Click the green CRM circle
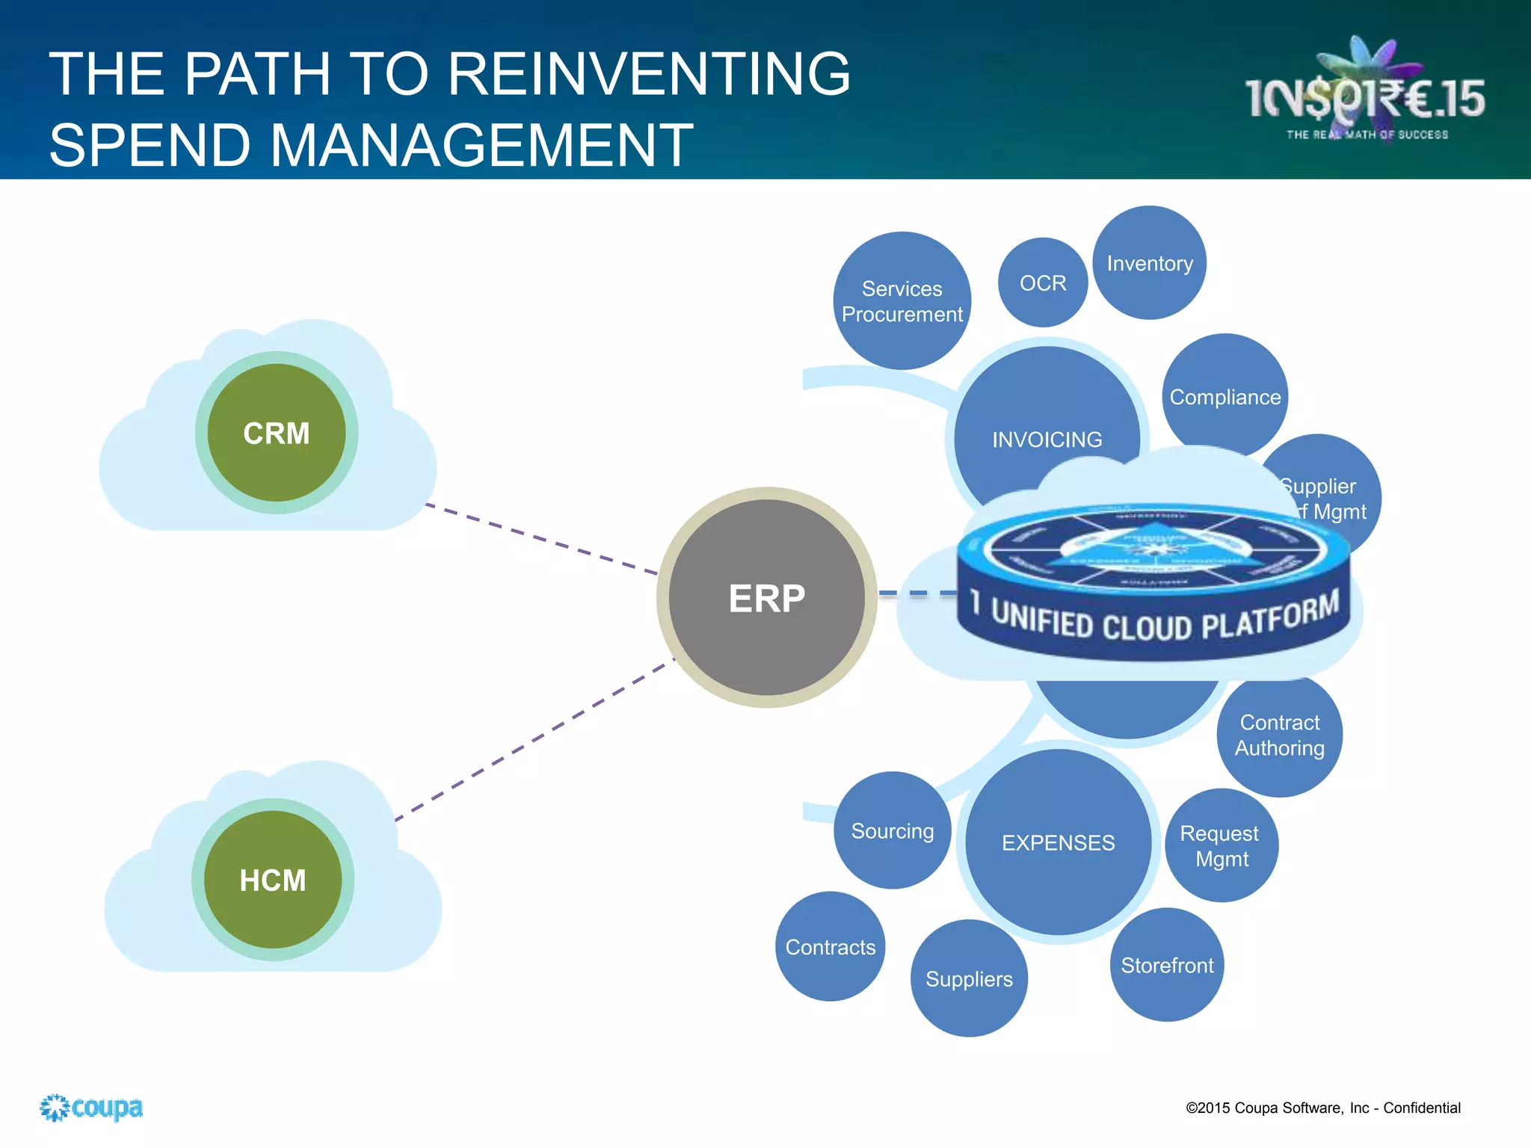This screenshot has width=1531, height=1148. pyautogui.click(x=276, y=433)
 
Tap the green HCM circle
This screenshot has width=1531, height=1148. pyautogui.click(x=272, y=880)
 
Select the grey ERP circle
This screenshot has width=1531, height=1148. pyautogui.click(x=766, y=598)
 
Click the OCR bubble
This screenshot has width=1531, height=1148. pyautogui.click(x=1043, y=283)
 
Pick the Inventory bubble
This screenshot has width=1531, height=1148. pyautogui.click(x=1149, y=263)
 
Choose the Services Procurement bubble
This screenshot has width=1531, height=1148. pyautogui.click(x=902, y=301)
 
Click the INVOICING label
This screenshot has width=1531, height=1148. pyautogui.click(x=1047, y=439)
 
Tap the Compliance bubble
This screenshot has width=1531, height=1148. pyautogui.click(x=1225, y=397)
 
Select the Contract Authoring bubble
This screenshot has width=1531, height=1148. pyautogui.click(x=1279, y=735)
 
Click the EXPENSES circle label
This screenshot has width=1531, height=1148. pyautogui.click(x=1058, y=843)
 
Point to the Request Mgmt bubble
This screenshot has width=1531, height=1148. pyautogui.click(x=1221, y=846)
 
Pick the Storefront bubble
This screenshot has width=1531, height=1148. pyautogui.click(x=1166, y=966)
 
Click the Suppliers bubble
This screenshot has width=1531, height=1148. pyautogui.click(x=969, y=979)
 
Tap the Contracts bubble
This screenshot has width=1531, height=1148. pyautogui.click(x=830, y=947)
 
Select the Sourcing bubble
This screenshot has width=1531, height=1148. pyautogui.click(x=892, y=831)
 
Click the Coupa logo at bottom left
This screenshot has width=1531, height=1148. pyautogui.click(x=91, y=1108)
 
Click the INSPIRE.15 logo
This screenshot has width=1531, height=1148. pyautogui.click(x=1365, y=97)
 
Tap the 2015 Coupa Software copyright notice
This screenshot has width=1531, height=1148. pyautogui.click(x=1322, y=1108)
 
